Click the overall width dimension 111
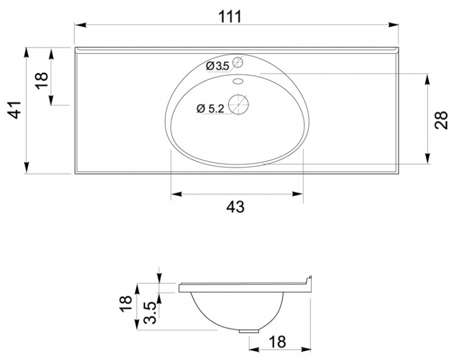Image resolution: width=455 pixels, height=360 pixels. click(x=230, y=16)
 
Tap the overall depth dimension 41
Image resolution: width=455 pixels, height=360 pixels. click(x=15, y=110)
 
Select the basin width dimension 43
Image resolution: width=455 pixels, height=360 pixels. click(x=235, y=207)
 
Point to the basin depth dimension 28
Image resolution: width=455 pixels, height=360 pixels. click(x=441, y=120)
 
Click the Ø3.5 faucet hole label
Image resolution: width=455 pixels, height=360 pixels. click(x=217, y=66)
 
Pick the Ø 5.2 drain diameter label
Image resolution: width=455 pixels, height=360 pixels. click(x=211, y=108)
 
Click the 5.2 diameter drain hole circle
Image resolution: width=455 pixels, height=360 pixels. click(x=238, y=104)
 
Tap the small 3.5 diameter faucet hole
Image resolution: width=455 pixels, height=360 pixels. click(x=237, y=62)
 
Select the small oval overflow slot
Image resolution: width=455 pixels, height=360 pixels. click(x=238, y=81)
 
